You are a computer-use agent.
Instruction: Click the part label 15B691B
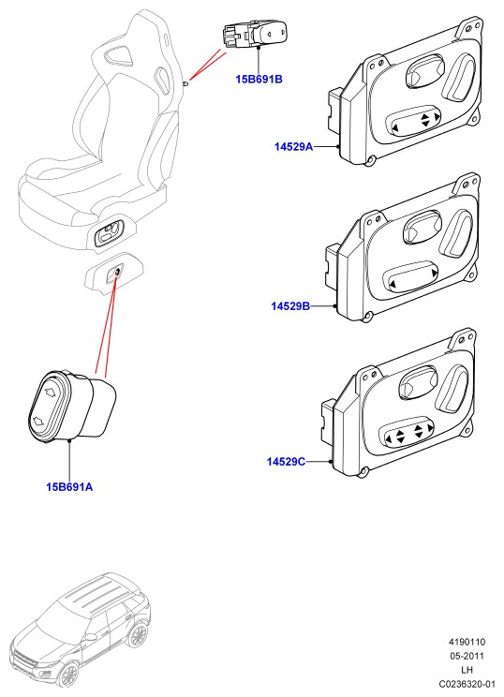(259, 79)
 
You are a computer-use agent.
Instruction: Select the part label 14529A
(293, 146)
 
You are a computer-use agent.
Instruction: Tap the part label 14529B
(290, 305)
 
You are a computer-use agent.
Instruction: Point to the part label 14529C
(286, 462)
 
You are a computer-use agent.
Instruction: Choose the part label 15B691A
(69, 487)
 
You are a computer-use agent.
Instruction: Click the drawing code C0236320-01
(467, 683)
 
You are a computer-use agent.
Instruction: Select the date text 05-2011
(467, 656)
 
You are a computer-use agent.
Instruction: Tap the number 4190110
(467, 642)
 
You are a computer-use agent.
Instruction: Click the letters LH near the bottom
(467, 670)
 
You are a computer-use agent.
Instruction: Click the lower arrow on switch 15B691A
(37, 421)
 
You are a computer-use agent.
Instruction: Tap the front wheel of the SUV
(69, 675)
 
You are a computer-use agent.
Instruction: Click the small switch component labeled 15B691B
(255, 34)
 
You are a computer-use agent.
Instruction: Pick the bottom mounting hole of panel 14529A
(368, 160)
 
